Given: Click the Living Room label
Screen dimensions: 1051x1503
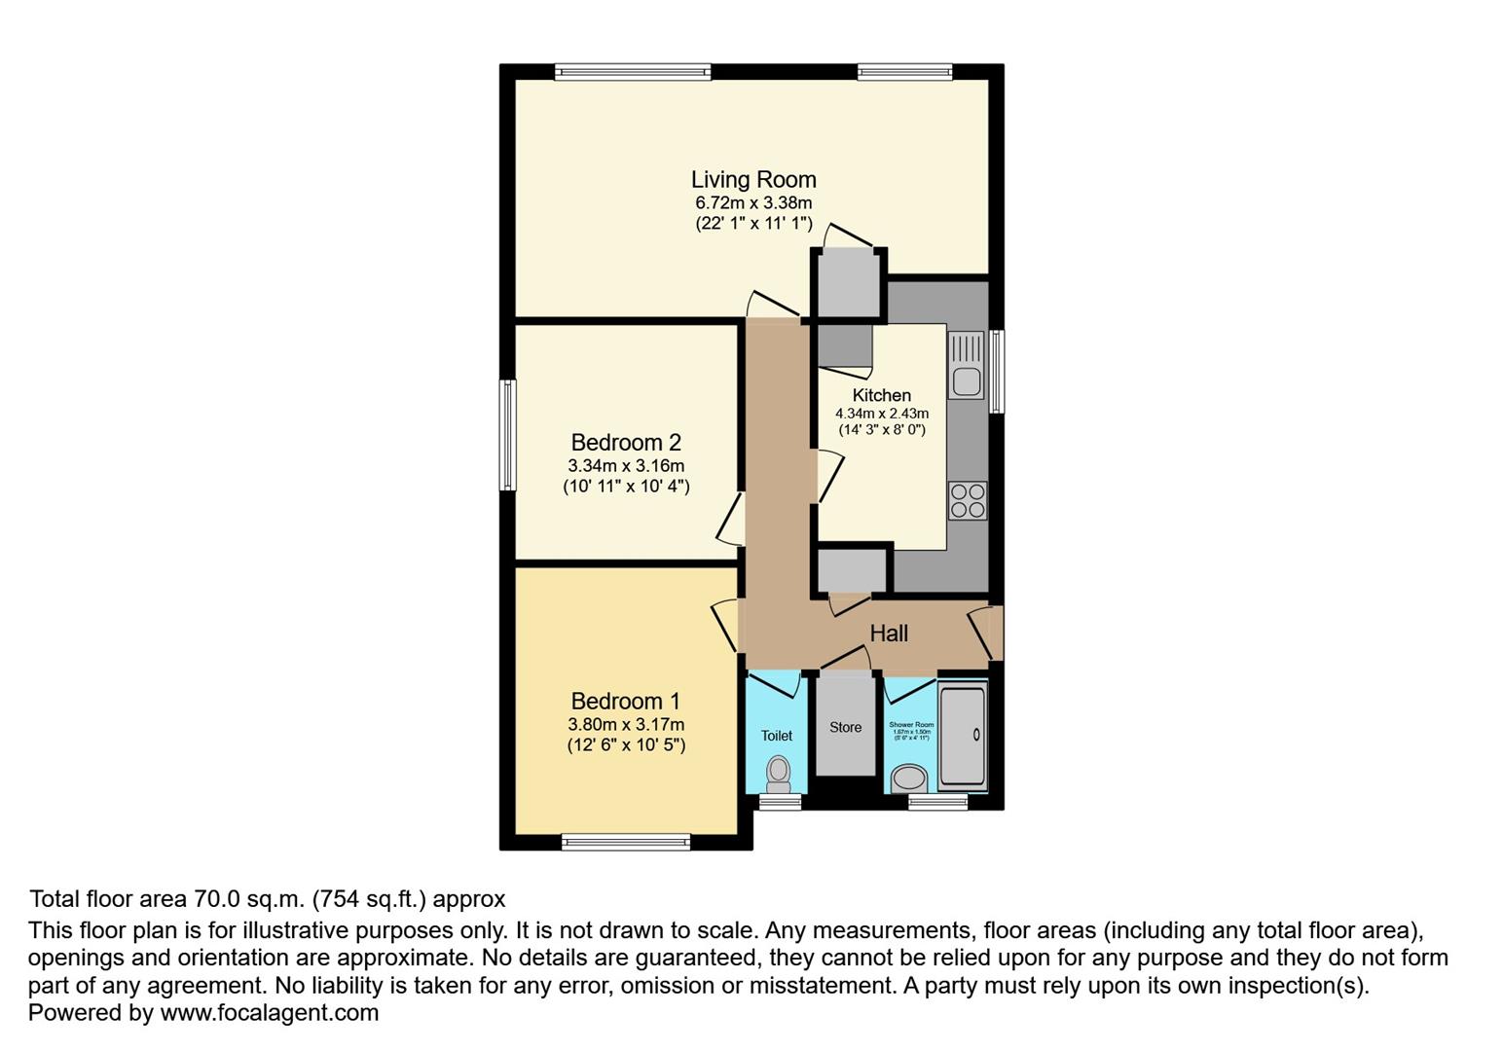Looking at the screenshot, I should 753,179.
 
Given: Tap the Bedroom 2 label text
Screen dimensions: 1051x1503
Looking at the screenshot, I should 626,442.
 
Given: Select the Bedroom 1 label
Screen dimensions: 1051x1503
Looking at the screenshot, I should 626,701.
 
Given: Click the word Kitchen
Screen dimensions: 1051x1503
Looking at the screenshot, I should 882,395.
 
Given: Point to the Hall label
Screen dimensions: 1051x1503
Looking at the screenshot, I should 889,634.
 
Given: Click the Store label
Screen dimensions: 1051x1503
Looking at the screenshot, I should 845,727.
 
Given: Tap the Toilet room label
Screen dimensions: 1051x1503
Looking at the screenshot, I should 777,736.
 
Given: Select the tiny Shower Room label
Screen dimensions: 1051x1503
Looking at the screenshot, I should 911,725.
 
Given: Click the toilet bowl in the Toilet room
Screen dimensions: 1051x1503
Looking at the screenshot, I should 778,772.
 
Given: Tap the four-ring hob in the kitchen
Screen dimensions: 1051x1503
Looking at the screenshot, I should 968,500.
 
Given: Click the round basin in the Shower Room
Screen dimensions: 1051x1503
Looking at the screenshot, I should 910,778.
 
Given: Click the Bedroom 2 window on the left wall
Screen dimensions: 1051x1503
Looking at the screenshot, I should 507,435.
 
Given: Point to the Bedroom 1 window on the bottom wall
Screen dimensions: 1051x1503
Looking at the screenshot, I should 626,842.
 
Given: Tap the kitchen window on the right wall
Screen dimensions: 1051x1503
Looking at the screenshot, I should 997,372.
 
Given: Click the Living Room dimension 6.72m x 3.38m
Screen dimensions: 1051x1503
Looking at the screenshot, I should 753,203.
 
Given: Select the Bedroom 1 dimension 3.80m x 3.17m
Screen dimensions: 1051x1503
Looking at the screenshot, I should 626,724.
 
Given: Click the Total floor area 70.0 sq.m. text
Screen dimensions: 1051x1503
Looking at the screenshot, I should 268,899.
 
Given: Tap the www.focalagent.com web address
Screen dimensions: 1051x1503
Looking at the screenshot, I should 269,1013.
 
